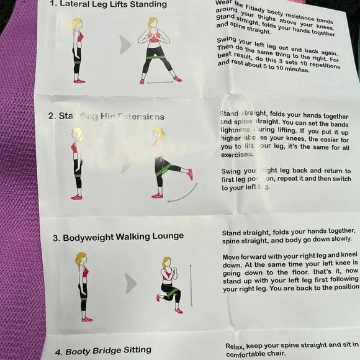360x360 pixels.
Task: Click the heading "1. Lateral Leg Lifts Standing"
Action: tap(109, 4)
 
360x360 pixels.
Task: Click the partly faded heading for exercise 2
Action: tap(106, 117)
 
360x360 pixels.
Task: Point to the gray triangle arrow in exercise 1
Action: tap(125, 45)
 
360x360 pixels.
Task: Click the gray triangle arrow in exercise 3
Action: tap(130, 284)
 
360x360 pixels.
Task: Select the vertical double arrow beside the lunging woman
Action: tap(191, 285)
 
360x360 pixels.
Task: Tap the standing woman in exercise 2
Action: tap(76, 164)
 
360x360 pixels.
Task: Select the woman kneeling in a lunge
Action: tap(169, 285)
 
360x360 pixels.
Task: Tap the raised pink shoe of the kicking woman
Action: tap(190, 174)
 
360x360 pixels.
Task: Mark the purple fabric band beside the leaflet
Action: tap(19, 186)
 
